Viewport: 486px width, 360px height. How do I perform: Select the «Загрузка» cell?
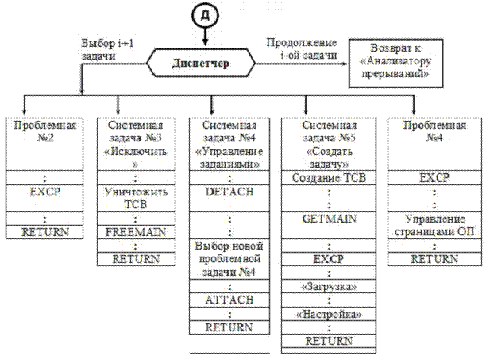(x=329, y=285)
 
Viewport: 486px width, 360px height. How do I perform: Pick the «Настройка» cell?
(x=329, y=314)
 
